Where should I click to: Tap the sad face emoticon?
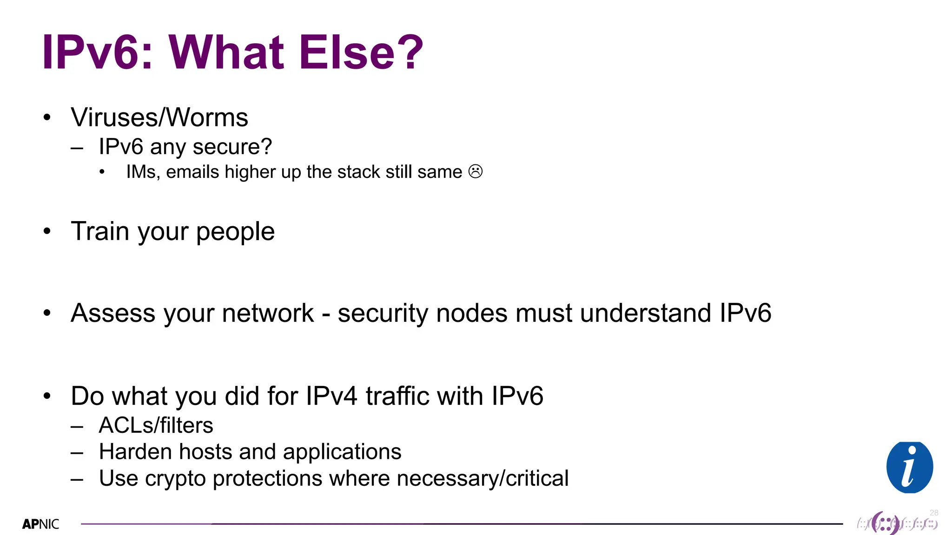click(476, 171)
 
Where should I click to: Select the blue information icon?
click(909, 467)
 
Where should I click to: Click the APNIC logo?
click(41, 524)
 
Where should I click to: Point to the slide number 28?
click(934, 513)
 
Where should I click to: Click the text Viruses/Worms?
click(159, 117)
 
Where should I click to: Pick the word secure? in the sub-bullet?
click(232, 147)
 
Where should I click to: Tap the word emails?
click(192, 172)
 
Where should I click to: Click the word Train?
click(99, 231)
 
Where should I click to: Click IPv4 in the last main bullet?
click(331, 396)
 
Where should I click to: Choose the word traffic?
click(397, 396)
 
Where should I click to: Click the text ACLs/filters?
click(156, 425)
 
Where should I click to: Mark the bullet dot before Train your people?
click(47, 231)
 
